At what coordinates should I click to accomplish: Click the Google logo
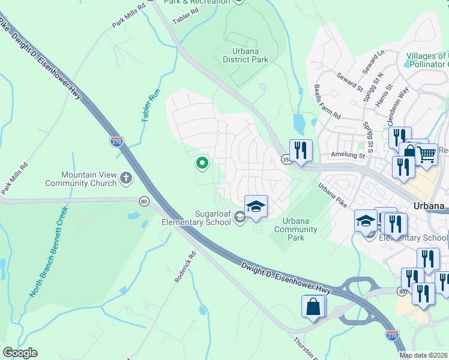[20, 353]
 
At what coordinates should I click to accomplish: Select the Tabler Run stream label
[149, 106]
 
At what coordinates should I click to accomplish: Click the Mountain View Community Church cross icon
[126, 178]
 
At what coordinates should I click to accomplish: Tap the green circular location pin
[202, 163]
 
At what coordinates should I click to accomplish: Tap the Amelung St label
[348, 155]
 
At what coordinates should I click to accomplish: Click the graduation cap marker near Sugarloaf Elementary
[256, 206]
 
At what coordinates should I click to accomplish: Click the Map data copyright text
[424, 355]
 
